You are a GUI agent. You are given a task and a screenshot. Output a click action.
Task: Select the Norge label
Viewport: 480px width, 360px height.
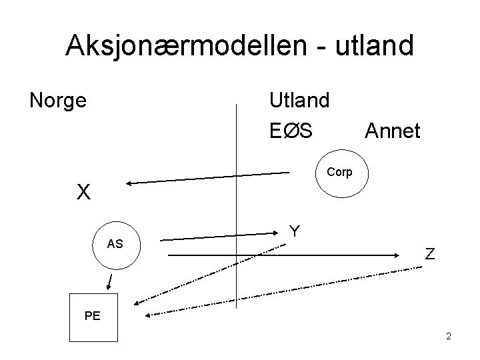point(58,101)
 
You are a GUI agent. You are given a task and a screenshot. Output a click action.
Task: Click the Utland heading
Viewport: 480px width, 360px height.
point(299,101)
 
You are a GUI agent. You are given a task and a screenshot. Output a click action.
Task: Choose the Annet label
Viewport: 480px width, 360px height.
point(392,131)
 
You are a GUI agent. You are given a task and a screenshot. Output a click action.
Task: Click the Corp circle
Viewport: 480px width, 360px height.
point(339,172)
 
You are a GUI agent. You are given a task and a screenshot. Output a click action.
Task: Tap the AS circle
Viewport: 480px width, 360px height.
point(115,245)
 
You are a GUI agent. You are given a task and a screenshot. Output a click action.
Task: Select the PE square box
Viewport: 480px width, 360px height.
point(93,317)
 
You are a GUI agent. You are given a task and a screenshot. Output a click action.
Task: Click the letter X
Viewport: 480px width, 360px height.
point(83,193)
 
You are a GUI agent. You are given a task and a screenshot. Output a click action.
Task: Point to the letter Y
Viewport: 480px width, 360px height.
point(294,231)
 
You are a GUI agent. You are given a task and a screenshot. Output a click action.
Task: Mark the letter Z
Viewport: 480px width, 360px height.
point(430,254)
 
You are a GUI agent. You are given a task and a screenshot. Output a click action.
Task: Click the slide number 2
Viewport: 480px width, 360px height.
point(449,336)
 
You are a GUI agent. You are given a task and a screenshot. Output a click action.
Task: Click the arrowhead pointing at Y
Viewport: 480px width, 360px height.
point(281,233)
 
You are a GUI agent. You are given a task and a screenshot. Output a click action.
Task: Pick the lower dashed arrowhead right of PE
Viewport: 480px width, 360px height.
point(148,315)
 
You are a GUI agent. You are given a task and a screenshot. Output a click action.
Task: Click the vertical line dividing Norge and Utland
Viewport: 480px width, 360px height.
point(238,200)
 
